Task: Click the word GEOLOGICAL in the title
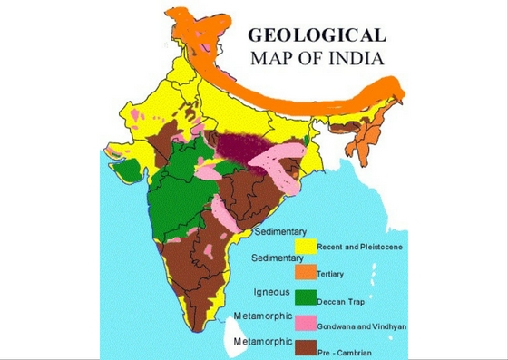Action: coord(317,36)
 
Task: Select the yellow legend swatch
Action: coord(304,244)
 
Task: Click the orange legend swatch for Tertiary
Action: coord(304,270)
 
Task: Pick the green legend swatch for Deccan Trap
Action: coord(304,297)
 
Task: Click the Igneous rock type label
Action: coord(270,292)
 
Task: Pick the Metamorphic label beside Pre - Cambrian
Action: coord(262,342)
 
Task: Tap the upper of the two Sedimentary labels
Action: coord(278,230)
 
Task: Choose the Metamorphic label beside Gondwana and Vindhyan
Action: coord(262,316)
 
